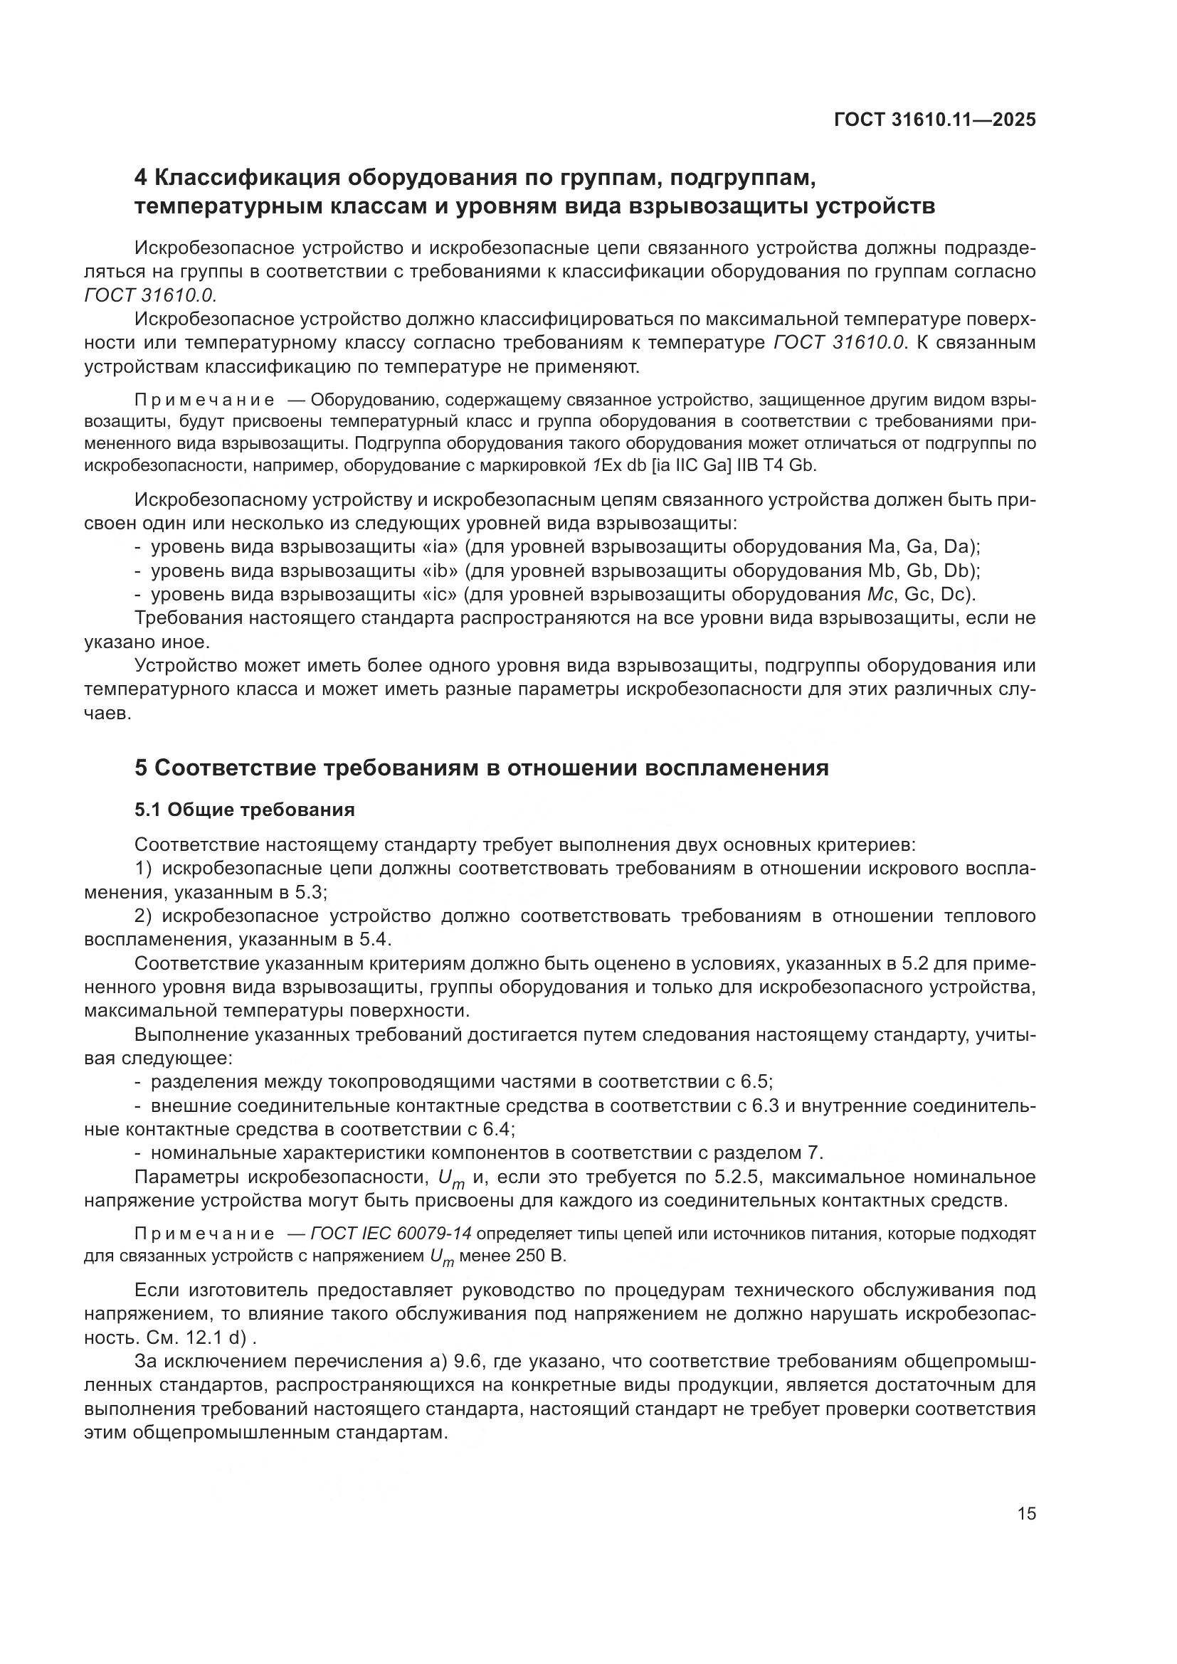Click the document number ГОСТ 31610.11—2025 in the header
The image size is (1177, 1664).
[x=935, y=120]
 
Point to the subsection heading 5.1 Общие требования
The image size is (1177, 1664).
[x=244, y=810]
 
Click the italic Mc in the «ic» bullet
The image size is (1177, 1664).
[x=875, y=594]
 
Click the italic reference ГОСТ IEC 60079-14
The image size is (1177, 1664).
[x=391, y=1234]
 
